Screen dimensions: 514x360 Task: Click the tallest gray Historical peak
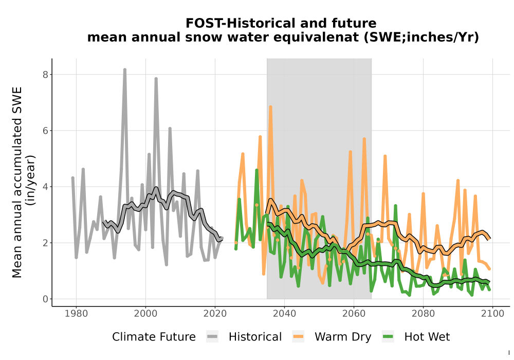[124, 70]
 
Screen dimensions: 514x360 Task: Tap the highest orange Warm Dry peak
[270, 107]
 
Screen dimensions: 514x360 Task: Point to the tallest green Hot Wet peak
[256, 170]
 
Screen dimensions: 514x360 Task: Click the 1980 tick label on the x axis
[77, 314]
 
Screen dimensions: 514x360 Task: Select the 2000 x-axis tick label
[145, 314]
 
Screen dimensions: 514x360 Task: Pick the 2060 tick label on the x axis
[354, 314]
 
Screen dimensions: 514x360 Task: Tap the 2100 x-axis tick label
[492, 314]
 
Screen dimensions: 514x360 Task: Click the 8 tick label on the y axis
[46, 75]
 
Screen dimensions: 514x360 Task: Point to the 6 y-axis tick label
[46, 131]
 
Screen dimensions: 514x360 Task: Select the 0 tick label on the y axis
[46, 299]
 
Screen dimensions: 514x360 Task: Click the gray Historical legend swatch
[212, 337]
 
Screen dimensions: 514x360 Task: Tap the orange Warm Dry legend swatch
[298, 337]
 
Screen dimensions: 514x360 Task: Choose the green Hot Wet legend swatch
[388, 337]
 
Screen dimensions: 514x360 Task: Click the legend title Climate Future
[154, 337]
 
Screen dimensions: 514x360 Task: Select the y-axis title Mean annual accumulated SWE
[17, 182]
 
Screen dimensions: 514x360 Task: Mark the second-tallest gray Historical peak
[156, 79]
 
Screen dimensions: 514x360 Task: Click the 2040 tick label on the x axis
[284, 314]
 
